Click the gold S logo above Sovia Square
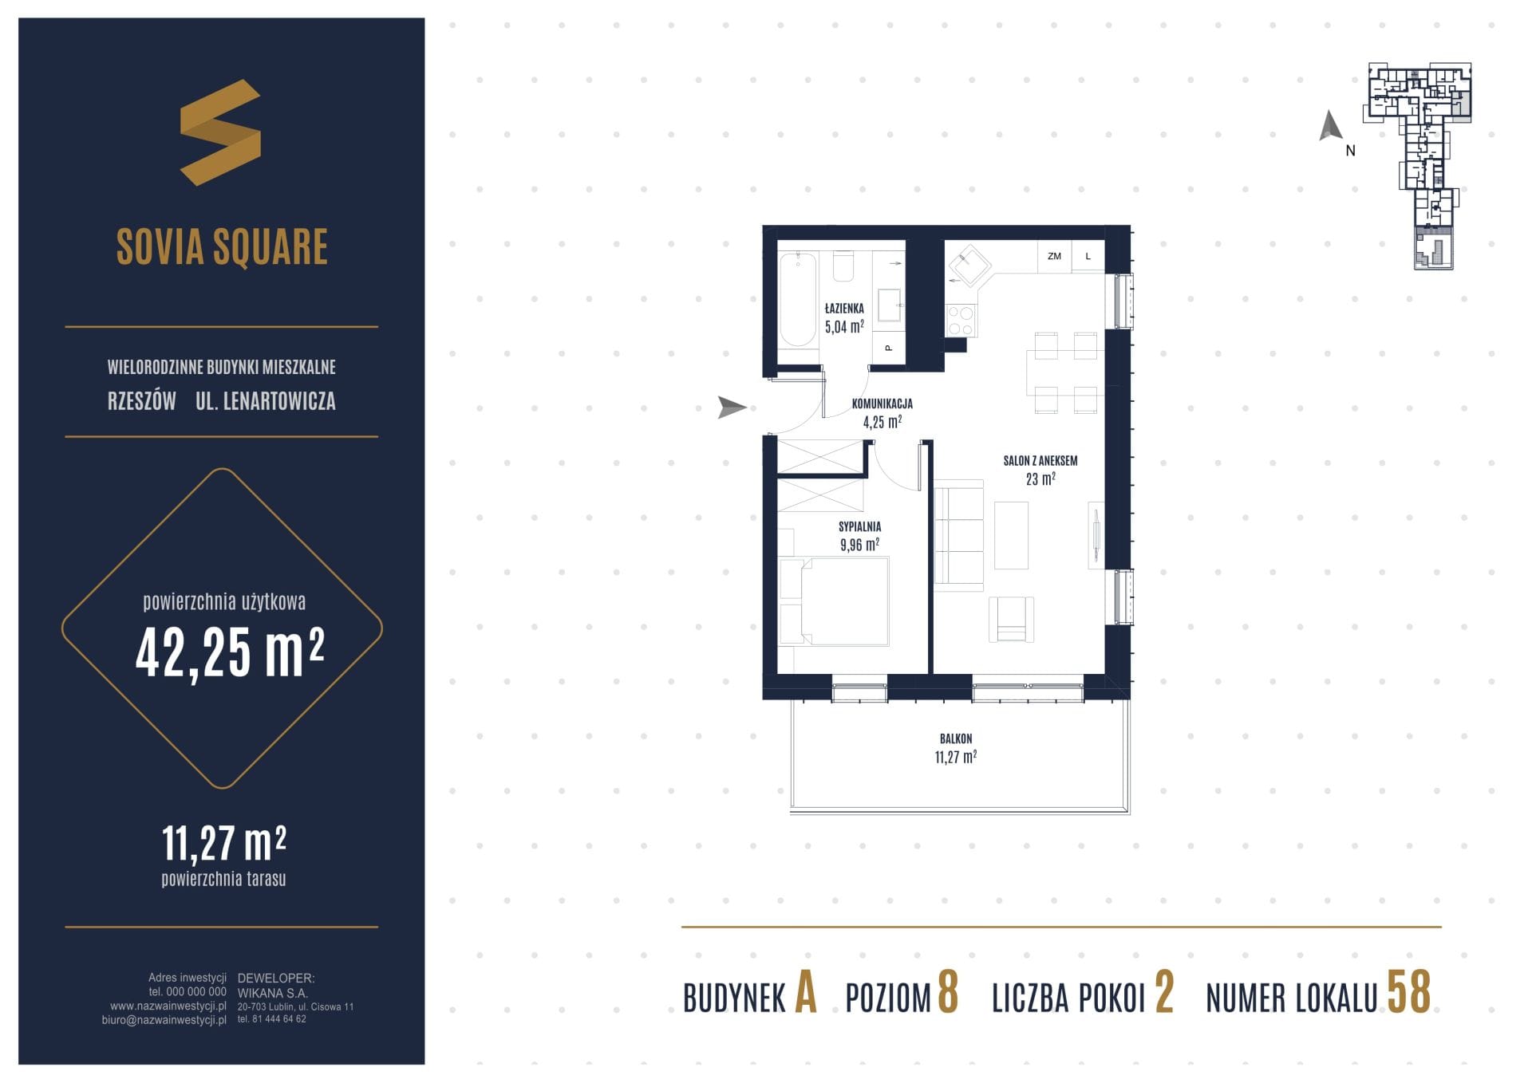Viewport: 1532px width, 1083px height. [220, 132]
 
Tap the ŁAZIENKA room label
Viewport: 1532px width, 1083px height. [844, 308]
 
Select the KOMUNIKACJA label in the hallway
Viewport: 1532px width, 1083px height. [882, 404]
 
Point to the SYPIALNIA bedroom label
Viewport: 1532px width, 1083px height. [859, 526]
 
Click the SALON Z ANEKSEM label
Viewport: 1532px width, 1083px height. [1040, 460]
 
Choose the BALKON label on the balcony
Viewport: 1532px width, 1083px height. [956, 738]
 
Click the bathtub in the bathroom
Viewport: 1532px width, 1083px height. [798, 299]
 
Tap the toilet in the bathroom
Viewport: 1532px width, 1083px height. [843, 266]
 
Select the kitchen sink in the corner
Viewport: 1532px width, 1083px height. [969, 266]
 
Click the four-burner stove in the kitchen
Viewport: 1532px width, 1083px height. [960, 321]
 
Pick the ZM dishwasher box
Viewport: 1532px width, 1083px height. [1054, 256]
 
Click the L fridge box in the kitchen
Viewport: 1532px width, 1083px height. [1088, 256]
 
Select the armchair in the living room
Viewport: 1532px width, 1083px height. [1011, 620]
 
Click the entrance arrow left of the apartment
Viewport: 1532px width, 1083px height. [732, 407]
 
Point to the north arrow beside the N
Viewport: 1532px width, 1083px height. [1329, 126]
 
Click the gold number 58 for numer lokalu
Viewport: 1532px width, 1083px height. [1408, 992]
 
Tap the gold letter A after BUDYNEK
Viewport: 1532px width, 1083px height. [806, 993]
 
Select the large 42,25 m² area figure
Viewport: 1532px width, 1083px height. [230, 652]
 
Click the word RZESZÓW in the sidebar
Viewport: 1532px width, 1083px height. [142, 400]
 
